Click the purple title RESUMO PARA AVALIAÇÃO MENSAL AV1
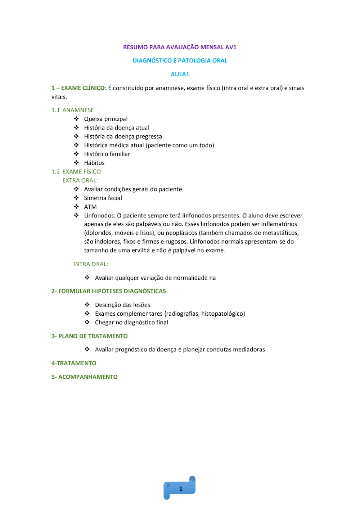click(180, 47)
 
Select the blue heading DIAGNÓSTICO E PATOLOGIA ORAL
click(180, 60)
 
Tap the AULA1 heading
click(180, 74)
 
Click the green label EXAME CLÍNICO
click(83, 88)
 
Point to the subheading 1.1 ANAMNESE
click(72, 110)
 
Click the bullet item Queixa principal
click(105, 119)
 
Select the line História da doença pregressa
click(123, 136)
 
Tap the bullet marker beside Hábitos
click(76, 163)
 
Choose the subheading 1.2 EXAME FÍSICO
click(76, 172)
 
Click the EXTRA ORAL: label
click(80, 180)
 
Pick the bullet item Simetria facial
click(103, 198)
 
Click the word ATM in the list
click(90, 207)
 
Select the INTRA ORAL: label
click(90, 264)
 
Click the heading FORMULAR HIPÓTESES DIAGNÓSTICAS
click(112, 291)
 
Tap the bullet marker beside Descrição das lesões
click(87, 305)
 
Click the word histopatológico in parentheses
click(222, 314)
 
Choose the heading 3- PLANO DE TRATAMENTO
click(89, 336)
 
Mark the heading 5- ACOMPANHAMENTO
click(84, 377)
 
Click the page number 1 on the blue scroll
click(181, 488)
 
